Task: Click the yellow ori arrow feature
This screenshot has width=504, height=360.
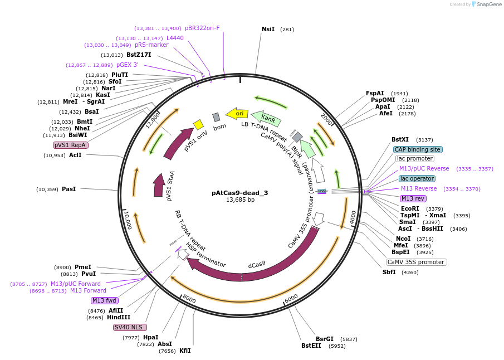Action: (x=237, y=114)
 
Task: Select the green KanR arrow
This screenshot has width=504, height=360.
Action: (x=267, y=118)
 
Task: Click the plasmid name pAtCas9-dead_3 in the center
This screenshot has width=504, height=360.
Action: (x=239, y=193)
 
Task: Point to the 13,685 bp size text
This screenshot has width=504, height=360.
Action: (x=240, y=200)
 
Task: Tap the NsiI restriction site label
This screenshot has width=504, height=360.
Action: (x=268, y=29)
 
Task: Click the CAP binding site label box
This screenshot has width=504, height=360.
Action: (x=418, y=149)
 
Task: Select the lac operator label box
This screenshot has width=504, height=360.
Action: (x=417, y=178)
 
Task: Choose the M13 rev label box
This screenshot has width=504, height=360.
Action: (x=413, y=198)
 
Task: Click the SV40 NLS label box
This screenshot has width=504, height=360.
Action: (x=129, y=327)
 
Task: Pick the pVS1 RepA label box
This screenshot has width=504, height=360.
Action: (x=71, y=145)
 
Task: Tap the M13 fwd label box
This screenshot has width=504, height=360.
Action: (x=105, y=300)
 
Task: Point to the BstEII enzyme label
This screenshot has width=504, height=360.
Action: (x=311, y=346)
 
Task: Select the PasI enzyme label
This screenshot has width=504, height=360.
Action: (x=68, y=189)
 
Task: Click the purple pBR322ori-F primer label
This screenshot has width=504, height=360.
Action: (x=202, y=28)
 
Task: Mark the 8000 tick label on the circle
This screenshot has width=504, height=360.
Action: (x=189, y=299)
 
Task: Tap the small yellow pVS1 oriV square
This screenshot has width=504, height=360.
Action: (x=198, y=124)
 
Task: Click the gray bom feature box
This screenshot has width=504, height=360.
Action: (x=216, y=117)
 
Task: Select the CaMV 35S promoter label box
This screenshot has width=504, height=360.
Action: (x=417, y=262)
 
